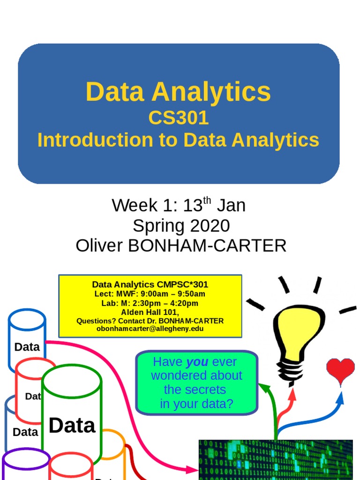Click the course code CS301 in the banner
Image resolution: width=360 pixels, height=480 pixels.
[179, 118]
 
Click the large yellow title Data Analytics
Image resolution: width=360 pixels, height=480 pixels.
[178, 91]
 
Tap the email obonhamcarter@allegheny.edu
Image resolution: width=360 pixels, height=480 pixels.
[150, 329]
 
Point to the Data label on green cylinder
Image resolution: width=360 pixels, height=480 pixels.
[72, 426]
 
